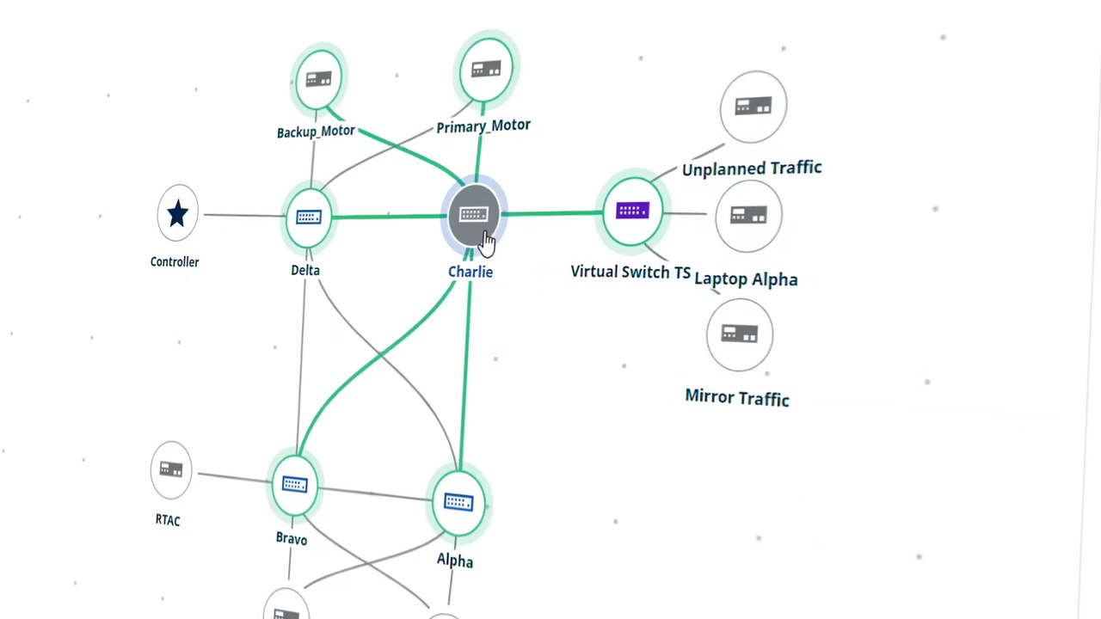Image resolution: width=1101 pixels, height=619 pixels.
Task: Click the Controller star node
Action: click(177, 213)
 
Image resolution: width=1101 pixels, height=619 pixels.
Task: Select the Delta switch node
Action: click(308, 218)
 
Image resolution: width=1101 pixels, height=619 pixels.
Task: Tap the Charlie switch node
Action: click(473, 215)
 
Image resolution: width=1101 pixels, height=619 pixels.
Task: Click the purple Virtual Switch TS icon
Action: click(632, 211)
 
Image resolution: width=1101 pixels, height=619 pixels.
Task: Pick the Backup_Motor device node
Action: click(318, 80)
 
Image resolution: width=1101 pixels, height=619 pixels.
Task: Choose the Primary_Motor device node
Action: click(486, 69)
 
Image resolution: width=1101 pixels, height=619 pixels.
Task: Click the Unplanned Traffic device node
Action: click(753, 107)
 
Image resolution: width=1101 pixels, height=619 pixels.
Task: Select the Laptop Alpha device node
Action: click(748, 216)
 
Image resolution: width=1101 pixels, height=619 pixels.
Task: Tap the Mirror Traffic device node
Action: click(739, 334)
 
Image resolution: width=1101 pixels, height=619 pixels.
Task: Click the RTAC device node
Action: click(171, 469)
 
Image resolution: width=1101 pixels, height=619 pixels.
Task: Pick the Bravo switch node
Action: click(294, 485)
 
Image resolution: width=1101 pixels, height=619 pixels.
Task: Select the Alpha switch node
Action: click(458, 502)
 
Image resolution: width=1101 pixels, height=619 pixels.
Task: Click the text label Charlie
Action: click(471, 272)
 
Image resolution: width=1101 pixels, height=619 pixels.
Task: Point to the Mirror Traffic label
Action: click(737, 397)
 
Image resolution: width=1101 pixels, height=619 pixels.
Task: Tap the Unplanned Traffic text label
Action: click(751, 169)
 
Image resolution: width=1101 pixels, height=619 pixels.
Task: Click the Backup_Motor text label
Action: click(316, 132)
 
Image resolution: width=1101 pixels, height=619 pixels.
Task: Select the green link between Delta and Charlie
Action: click(387, 217)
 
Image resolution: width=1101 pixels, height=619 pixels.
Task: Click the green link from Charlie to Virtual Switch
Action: click(550, 212)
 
